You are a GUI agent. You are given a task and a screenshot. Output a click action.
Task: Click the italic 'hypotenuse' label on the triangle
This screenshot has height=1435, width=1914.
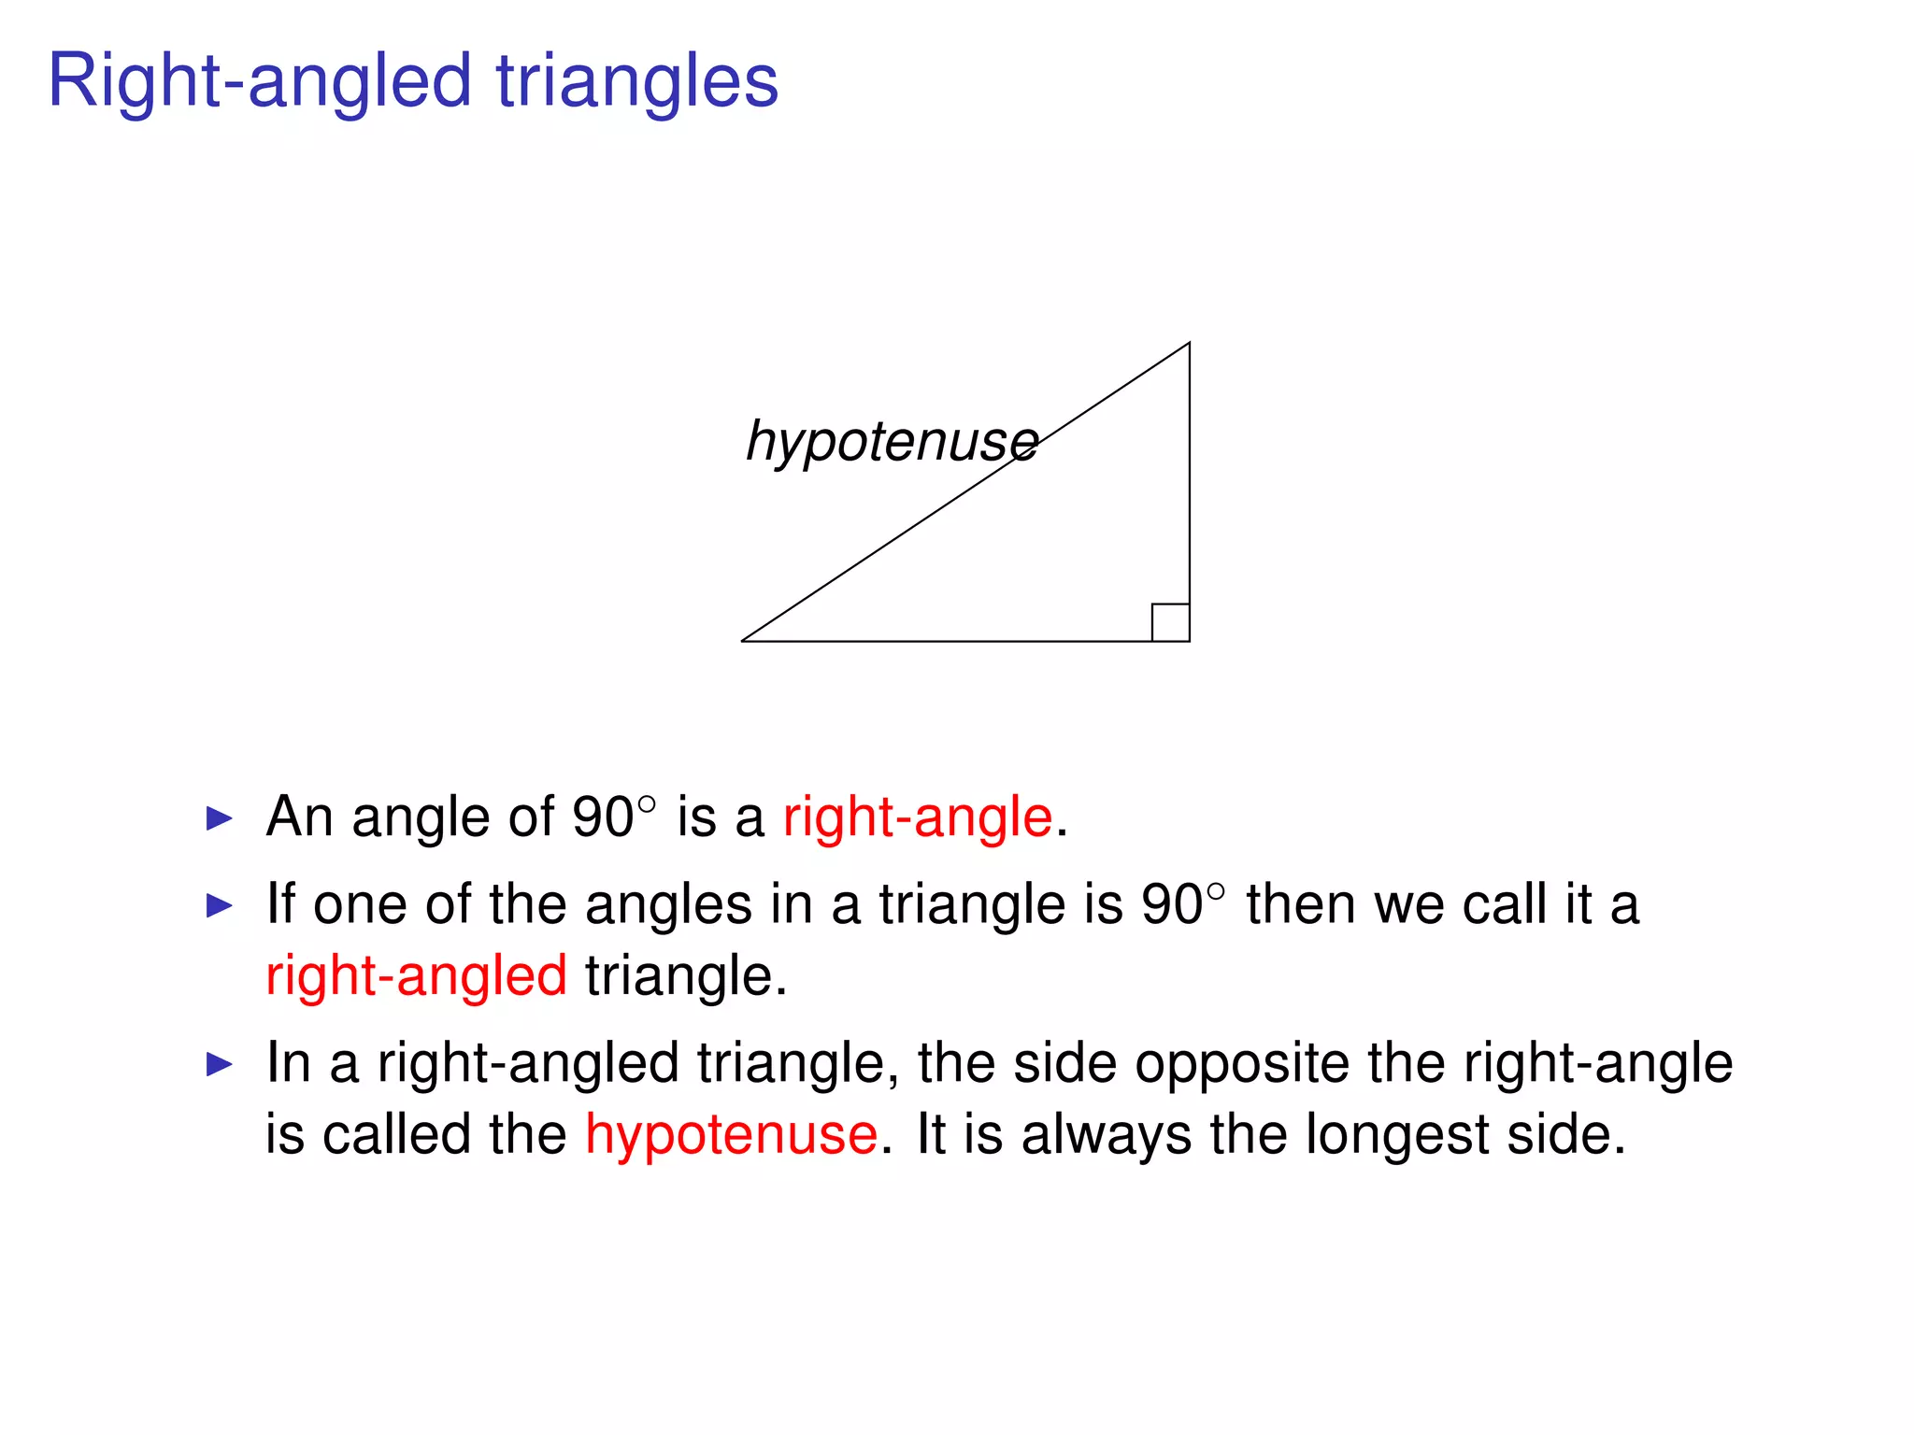[x=892, y=441]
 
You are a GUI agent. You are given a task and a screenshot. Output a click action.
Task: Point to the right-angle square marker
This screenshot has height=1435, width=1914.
[x=1170, y=622]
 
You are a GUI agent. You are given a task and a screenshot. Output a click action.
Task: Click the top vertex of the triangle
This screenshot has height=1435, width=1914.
[x=1189, y=344]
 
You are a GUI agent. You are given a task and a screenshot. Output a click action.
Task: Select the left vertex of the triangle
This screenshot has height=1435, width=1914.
[x=743, y=641]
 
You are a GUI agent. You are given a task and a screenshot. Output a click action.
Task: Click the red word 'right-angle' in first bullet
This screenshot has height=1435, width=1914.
[x=918, y=817]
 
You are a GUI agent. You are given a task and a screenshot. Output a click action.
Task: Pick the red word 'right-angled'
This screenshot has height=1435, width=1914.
[x=416, y=976]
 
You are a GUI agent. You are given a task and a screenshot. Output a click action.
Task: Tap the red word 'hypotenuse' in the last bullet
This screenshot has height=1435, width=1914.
[x=731, y=1135]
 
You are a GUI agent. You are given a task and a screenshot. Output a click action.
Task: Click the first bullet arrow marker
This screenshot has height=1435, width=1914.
[x=219, y=819]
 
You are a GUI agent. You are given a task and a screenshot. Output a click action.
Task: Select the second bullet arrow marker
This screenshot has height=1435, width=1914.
[x=219, y=905]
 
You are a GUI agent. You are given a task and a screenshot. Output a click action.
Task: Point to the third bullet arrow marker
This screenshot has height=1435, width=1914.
[x=219, y=1064]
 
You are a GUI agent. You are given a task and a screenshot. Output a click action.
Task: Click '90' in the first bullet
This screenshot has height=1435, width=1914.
[x=603, y=817]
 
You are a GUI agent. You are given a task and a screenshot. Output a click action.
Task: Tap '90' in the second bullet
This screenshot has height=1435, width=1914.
[x=1171, y=904]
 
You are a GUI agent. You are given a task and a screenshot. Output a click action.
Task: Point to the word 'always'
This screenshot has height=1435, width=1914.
[x=1106, y=1135]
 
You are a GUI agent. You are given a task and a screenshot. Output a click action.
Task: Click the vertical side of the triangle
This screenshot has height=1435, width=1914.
[x=1189, y=486]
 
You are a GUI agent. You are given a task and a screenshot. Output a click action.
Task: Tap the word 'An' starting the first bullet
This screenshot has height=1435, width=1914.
[x=299, y=817]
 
